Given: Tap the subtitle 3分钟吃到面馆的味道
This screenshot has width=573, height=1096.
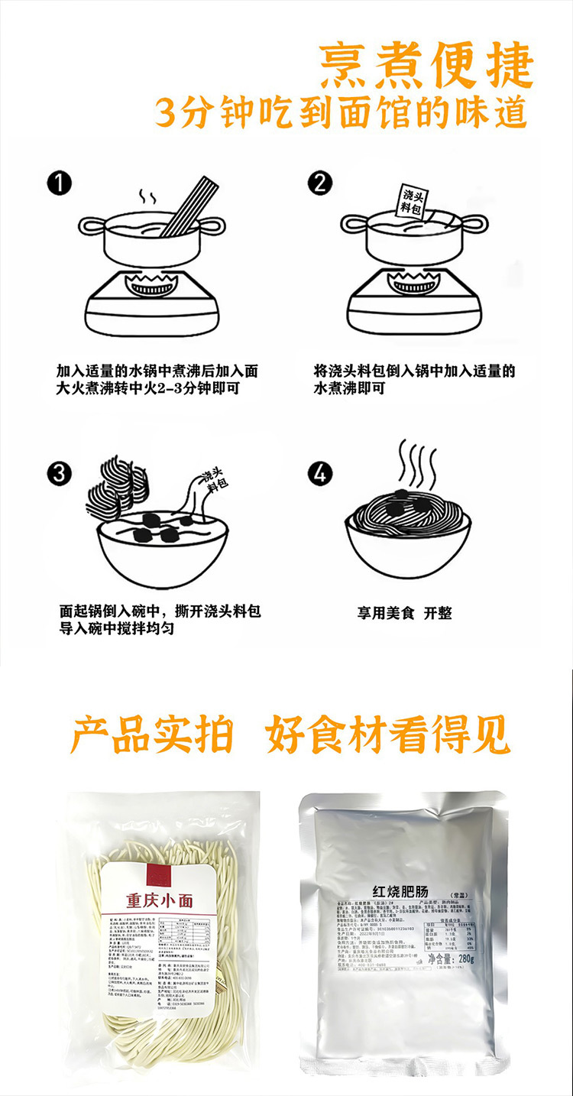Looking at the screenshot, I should click(x=341, y=112).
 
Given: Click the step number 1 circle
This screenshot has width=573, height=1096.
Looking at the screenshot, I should click(x=59, y=183).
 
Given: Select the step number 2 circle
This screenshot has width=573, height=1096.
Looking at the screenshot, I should click(x=320, y=183).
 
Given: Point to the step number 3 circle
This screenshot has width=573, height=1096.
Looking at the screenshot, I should click(x=59, y=473).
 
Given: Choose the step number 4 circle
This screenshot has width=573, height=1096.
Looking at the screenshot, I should click(x=320, y=473).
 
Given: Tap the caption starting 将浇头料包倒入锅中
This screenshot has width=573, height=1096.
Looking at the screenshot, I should click(x=414, y=380).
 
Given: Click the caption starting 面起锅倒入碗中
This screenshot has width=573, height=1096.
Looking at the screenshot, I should click(x=160, y=620).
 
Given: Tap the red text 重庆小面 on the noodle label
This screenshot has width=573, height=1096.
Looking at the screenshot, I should click(x=159, y=900).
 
